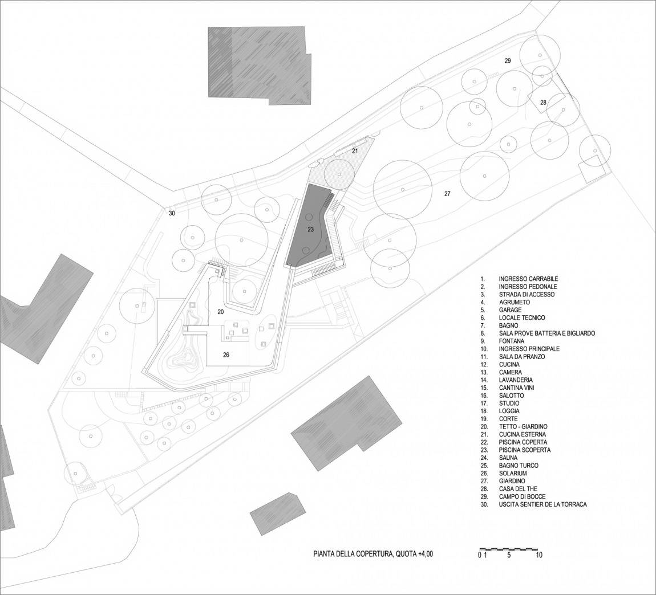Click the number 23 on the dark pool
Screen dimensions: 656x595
coord(310,229)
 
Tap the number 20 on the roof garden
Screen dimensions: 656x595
coord(221,312)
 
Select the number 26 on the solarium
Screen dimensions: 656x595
coord(226,354)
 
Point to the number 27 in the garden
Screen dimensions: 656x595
coord(447,194)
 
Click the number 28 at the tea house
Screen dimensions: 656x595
coord(543,103)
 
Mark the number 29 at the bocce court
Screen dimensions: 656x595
coord(508,60)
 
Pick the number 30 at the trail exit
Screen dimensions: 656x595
coord(172,213)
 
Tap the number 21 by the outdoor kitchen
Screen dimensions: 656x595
coord(355,151)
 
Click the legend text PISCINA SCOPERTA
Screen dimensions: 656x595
coord(525,450)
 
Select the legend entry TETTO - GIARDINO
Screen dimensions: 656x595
coord(523,426)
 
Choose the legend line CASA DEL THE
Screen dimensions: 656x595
coord(518,488)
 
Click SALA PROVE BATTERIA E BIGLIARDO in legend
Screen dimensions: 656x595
coord(547,333)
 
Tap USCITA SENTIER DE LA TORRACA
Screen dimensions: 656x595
coord(542,504)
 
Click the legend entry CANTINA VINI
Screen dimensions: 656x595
coord(516,388)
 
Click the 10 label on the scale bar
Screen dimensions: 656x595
coord(539,555)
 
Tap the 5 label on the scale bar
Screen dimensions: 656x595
coord(509,555)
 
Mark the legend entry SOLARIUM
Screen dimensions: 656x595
coord(512,473)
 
